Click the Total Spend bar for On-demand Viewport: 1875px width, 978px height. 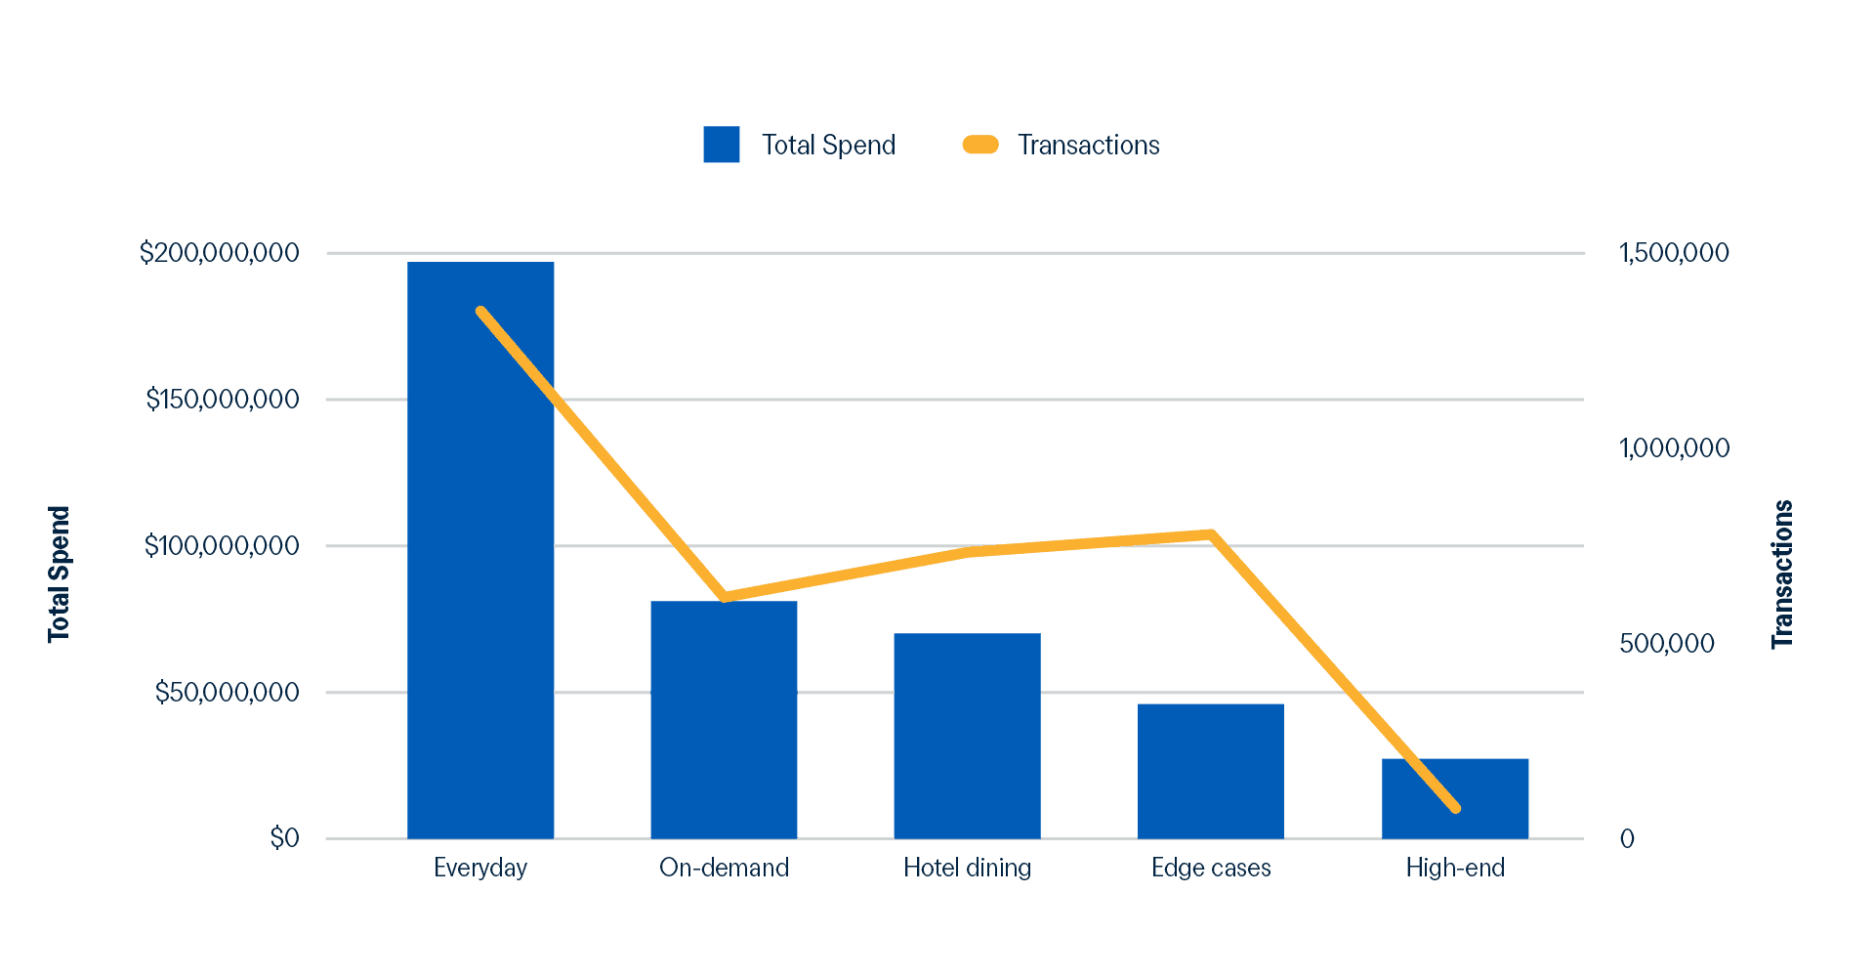724,719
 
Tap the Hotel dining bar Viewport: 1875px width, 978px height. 967,735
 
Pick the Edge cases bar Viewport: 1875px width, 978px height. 1211,770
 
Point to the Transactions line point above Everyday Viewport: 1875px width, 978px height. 480,312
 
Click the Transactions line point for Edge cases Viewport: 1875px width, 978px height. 1210,533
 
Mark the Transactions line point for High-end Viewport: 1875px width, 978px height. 1455,808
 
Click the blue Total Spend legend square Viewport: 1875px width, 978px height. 721,145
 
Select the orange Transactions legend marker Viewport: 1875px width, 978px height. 980,145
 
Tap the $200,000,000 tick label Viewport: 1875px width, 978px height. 219,253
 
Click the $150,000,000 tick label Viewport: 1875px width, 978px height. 222,400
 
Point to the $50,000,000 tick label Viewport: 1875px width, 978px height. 227,693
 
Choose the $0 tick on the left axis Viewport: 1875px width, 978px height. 284,838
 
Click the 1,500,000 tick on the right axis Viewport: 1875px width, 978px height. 1674,253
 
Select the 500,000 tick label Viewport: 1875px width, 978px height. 1666,643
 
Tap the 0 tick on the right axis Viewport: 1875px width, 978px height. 1627,838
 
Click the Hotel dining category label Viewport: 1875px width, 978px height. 967,868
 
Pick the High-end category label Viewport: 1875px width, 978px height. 1455,868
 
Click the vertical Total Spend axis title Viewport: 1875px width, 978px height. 60,574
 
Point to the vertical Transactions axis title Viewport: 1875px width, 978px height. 1783,574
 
